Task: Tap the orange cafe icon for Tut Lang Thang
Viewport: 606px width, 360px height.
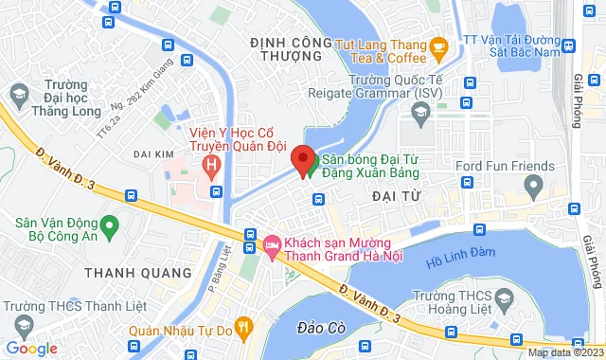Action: [x=438, y=46]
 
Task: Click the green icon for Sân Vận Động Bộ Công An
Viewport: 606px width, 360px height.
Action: [x=110, y=227]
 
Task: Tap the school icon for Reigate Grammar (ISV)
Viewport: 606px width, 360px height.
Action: [x=420, y=113]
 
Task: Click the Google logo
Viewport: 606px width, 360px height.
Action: [x=31, y=348]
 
